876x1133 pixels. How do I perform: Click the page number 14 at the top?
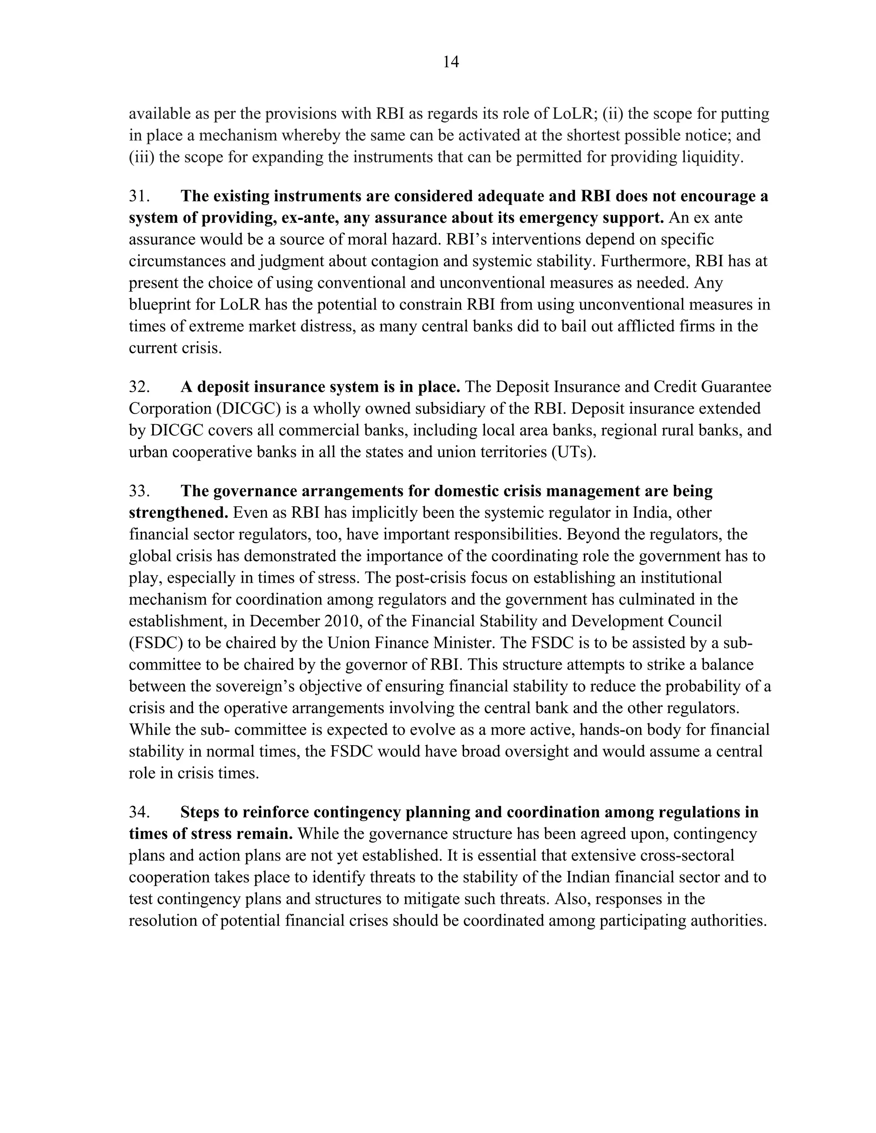point(451,63)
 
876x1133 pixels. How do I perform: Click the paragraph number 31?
point(139,197)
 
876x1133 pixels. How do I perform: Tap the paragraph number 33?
point(139,491)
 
